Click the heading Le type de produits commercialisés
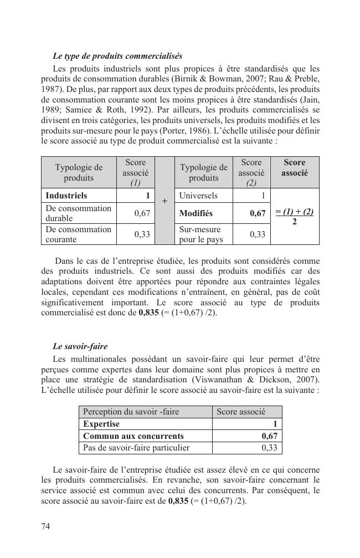pyautogui.click(x=117, y=56)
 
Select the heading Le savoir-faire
pyautogui.click(x=80, y=346)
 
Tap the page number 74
pyautogui.click(x=46, y=526)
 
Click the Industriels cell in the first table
pyautogui.click(x=66, y=196)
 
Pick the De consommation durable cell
pyautogui.click(x=78, y=213)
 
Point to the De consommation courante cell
pyautogui.click(x=78, y=234)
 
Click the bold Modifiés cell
pyautogui.click(x=196, y=213)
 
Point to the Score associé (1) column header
pyautogui.click(x=135, y=172)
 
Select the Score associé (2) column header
pyautogui.click(x=251, y=172)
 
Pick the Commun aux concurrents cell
pyautogui.click(x=133, y=436)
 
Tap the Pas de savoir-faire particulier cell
pyautogui.click(x=136, y=447)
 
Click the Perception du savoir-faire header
pyautogui.click(x=131, y=412)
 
